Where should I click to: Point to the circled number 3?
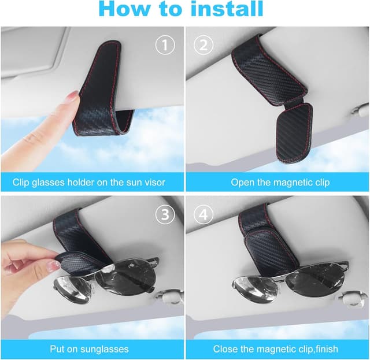click(x=166, y=214)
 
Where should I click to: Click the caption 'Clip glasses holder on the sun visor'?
click(x=89, y=182)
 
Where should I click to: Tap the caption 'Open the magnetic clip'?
click(x=280, y=182)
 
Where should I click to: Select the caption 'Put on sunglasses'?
click(x=89, y=349)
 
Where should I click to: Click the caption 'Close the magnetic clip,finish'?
click(x=276, y=349)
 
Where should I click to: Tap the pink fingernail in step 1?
click(x=73, y=97)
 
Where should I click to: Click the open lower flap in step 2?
click(x=292, y=133)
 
